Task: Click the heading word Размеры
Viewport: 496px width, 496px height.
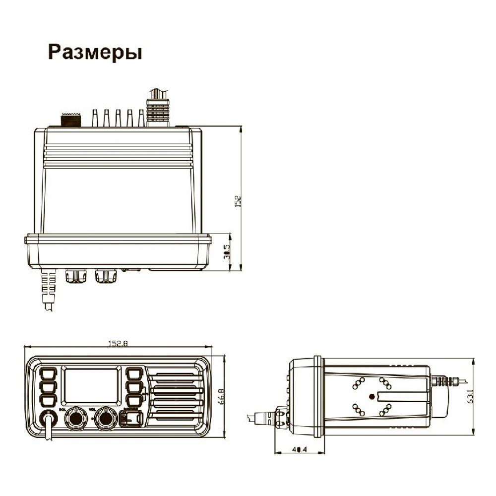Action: click(x=94, y=52)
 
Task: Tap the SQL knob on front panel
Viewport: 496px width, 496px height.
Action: click(x=76, y=418)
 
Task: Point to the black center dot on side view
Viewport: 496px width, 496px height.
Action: click(x=372, y=396)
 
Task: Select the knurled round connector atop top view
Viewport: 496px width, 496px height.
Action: click(x=70, y=121)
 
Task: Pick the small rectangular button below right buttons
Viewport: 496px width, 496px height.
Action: click(x=131, y=419)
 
